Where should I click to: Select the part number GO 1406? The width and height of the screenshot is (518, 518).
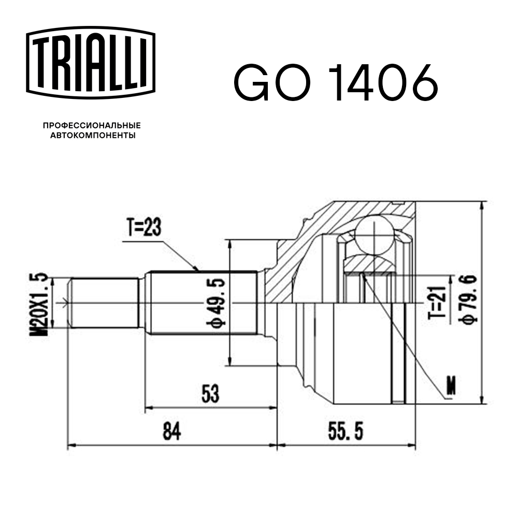[336, 83]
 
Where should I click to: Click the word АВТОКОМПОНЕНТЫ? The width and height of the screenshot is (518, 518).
[92, 136]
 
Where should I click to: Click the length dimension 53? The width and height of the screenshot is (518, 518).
[210, 394]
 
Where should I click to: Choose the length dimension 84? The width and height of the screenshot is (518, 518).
[172, 431]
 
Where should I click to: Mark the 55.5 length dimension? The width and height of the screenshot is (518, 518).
[348, 431]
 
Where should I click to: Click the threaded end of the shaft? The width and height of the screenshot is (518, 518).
[104, 303]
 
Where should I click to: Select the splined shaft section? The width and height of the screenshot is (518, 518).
[202, 303]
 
